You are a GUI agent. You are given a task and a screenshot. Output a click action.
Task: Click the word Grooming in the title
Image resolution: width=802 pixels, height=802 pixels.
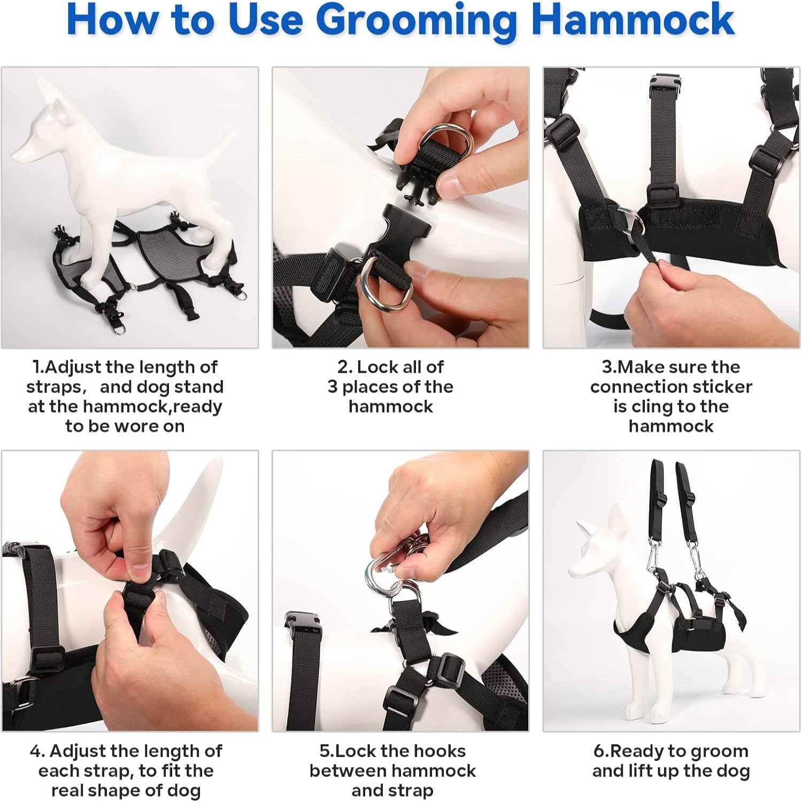(420, 21)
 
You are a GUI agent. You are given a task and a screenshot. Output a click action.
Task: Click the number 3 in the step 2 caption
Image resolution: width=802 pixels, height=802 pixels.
(333, 387)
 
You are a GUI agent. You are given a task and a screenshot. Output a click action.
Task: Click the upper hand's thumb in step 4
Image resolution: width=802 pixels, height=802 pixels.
(140, 569)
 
